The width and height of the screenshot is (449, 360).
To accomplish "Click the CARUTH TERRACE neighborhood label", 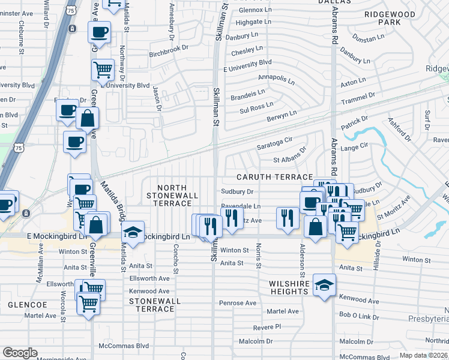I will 274,177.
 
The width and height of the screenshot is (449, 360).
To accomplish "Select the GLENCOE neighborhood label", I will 23,305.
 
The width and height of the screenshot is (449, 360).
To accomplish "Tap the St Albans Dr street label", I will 289,160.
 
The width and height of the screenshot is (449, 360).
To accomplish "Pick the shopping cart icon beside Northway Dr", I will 103,69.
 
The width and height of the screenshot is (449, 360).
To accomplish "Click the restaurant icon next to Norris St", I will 288,217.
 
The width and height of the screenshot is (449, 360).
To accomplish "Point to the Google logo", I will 20,353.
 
